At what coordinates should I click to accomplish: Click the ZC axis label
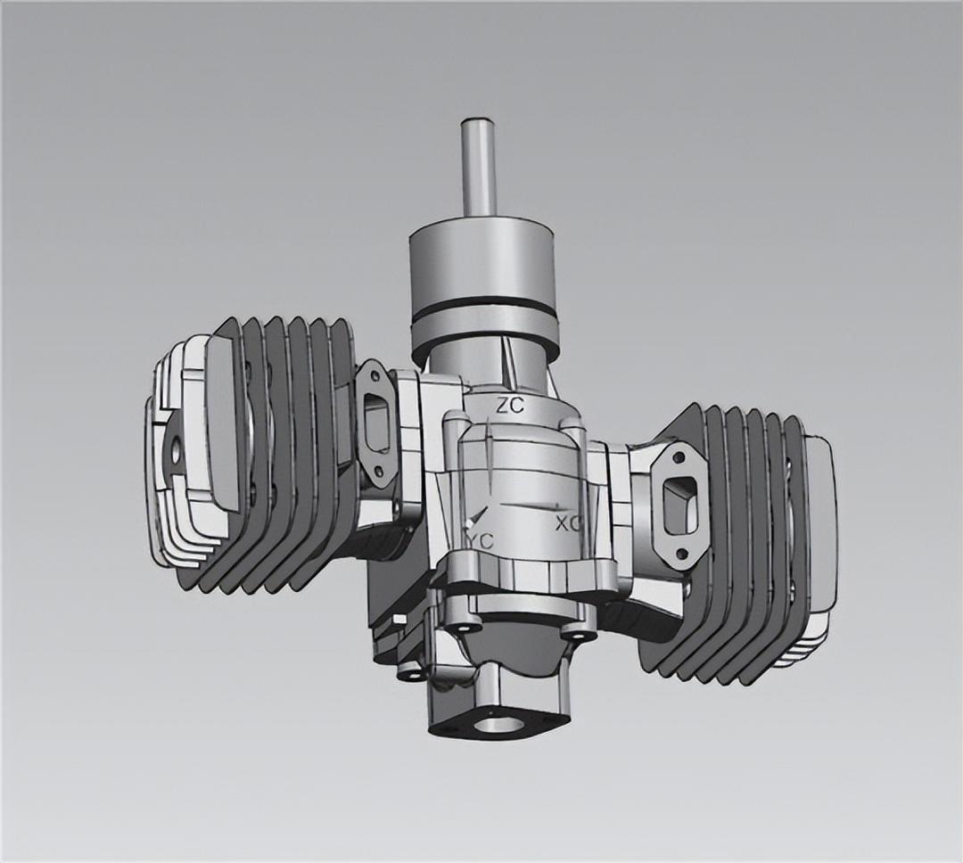click(x=510, y=405)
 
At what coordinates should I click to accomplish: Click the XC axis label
click(x=568, y=523)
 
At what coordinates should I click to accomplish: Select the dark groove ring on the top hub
click(x=484, y=315)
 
